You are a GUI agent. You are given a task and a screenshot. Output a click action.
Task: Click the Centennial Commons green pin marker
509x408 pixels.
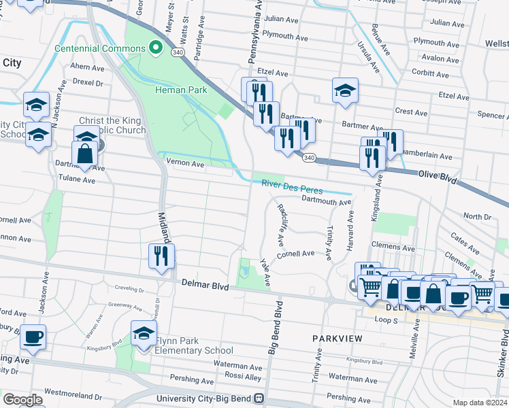155,48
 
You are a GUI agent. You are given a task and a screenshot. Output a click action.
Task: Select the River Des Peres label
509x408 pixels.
292,187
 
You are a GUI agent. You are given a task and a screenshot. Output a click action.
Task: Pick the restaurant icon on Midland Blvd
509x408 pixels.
161,257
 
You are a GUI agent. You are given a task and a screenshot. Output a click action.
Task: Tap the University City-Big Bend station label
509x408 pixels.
204,398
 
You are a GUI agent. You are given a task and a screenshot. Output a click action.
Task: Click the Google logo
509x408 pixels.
22,399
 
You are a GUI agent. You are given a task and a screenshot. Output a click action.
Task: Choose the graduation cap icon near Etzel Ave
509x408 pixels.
345,90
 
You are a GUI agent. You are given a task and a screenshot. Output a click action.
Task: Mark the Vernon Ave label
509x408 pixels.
186,164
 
